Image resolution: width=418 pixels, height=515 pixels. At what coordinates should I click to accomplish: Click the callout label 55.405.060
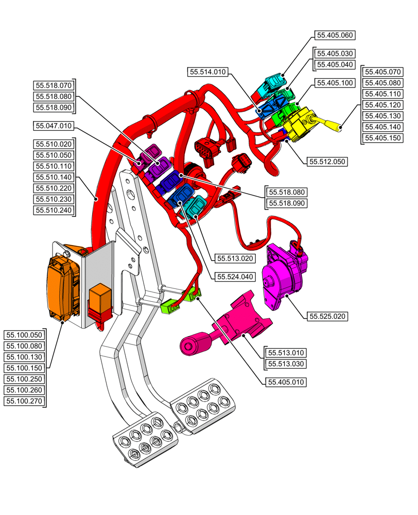pyautogui.click(x=335, y=36)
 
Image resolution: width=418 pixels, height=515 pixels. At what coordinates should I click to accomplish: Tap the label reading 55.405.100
pyautogui.click(x=335, y=83)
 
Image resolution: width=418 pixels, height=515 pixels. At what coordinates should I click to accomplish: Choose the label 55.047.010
pyautogui.click(x=54, y=126)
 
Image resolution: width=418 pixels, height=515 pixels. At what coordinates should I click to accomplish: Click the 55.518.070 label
pyautogui.click(x=54, y=85)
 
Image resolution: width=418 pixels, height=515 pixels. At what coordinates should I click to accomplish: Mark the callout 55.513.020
pyautogui.click(x=235, y=259)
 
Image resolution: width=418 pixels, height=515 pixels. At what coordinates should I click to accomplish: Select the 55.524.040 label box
pyautogui.click(x=235, y=277)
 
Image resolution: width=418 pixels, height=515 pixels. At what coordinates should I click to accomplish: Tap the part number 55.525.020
pyautogui.click(x=327, y=316)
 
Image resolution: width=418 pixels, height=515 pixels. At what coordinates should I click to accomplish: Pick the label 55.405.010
pyautogui.click(x=286, y=382)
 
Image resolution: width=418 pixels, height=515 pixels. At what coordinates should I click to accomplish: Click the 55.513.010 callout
pyautogui.click(x=286, y=353)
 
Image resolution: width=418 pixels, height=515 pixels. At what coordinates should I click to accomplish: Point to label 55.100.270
pyautogui.click(x=24, y=401)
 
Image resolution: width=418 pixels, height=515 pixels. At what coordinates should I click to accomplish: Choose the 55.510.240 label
pyautogui.click(x=54, y=210)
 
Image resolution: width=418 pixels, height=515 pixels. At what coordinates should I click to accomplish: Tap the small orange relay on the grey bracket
pyautogui.click(x=100, y=298)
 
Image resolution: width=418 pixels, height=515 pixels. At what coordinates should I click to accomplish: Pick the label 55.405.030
pyautogui.click(x=335, y=54)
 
